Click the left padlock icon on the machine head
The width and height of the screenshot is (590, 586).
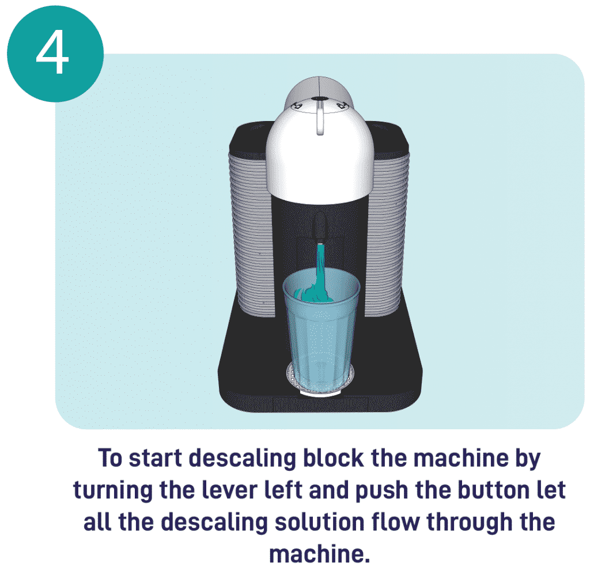[298, 105]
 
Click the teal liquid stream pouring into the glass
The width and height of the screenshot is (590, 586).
[320, 262]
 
